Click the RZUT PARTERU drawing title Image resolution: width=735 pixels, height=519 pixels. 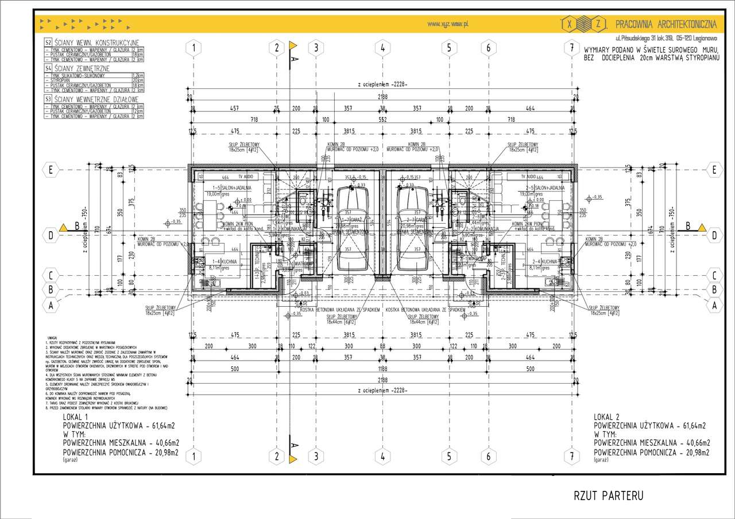[x=608, y=495]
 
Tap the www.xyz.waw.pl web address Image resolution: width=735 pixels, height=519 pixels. [x=449, y=24]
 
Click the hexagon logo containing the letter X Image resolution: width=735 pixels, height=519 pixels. [x=568, y=24]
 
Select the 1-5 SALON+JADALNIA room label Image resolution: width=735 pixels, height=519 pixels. [x=225, y=188]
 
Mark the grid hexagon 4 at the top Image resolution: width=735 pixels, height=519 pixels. [x=382, y=48]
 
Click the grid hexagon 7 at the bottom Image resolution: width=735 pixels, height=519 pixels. [x=572, y=456]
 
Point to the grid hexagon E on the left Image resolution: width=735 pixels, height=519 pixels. [x=51, y=170]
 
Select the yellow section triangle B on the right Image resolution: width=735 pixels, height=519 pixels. [x=702, y=227]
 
